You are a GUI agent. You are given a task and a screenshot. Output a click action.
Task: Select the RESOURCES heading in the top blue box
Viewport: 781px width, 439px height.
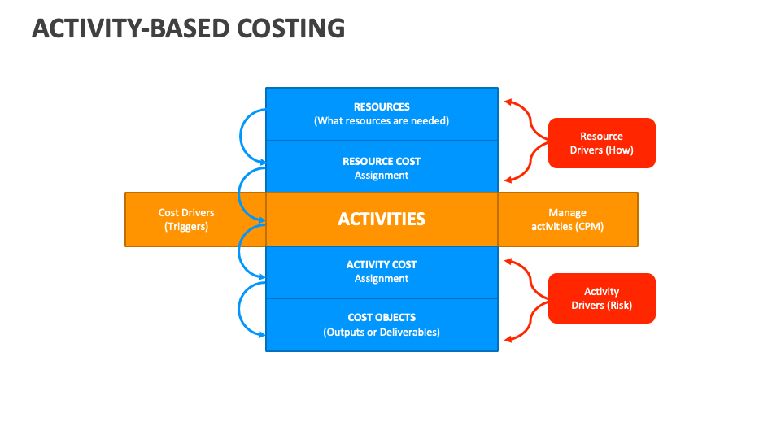382,106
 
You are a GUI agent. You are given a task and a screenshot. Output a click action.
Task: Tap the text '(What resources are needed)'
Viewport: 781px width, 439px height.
382,121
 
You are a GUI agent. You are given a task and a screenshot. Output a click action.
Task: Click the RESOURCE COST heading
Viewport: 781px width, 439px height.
382,161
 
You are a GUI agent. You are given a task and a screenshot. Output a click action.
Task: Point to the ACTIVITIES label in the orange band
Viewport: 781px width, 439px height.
382,219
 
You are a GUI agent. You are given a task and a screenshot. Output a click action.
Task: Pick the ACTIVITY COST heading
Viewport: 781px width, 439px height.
382,264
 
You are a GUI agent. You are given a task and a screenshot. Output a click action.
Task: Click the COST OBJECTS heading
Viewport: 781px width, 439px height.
382,317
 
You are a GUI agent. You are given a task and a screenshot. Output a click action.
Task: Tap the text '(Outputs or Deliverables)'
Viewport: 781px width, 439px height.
382,332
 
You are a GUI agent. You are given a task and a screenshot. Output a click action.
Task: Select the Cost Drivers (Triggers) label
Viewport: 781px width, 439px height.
186,219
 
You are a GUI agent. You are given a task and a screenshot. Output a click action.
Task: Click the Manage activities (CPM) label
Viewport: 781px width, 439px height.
567,219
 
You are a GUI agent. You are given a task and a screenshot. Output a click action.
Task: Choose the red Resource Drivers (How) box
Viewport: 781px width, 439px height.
601,143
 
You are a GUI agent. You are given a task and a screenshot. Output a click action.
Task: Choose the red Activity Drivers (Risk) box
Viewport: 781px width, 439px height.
601,298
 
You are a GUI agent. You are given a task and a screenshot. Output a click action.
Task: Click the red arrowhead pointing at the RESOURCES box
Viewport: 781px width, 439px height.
508,102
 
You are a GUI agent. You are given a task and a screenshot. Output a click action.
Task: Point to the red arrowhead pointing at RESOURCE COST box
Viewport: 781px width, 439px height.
508,179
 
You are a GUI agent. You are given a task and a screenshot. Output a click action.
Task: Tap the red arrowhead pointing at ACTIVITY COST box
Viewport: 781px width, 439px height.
508,262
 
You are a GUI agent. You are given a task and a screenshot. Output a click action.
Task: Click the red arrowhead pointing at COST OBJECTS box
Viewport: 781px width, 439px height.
508,338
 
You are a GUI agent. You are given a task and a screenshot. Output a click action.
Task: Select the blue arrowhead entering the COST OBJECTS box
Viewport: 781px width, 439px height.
261,334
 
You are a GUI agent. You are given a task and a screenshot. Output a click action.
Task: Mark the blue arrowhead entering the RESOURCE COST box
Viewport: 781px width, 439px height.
261,163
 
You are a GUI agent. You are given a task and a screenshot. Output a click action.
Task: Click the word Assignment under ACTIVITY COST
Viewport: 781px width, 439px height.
382,279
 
